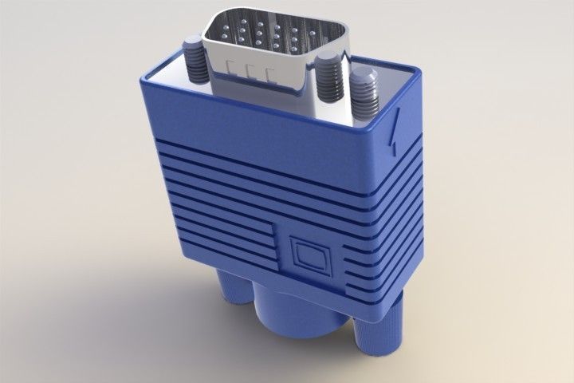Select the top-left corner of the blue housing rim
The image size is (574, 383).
(143, 76)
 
